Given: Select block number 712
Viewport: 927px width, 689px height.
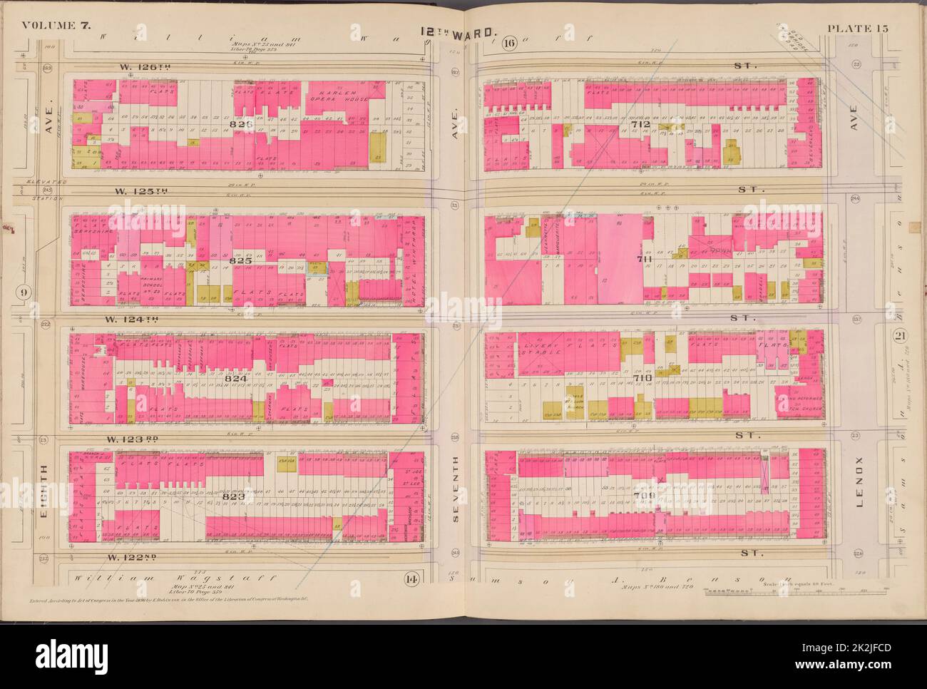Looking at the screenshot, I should [639, 124].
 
